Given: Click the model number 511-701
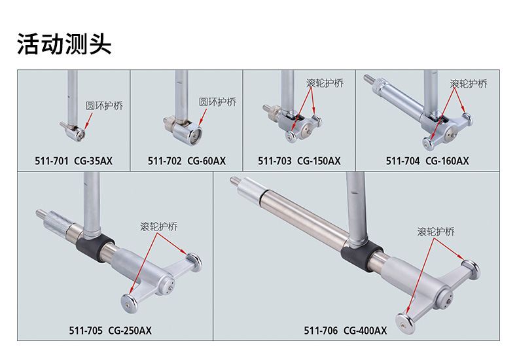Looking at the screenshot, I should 50,160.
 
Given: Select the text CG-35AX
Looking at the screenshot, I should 94,160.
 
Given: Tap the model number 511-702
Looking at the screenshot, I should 164,160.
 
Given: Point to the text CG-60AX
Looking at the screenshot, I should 206,160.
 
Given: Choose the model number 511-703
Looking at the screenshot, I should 274,160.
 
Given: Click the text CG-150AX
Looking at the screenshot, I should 319,160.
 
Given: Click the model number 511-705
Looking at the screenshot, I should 84,331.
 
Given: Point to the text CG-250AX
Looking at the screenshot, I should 130,331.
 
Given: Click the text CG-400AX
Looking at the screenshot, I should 365,331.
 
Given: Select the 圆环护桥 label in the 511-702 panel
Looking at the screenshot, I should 217,103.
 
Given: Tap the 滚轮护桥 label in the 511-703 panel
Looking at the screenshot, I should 325,84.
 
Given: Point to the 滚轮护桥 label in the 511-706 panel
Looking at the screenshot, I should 436,232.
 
